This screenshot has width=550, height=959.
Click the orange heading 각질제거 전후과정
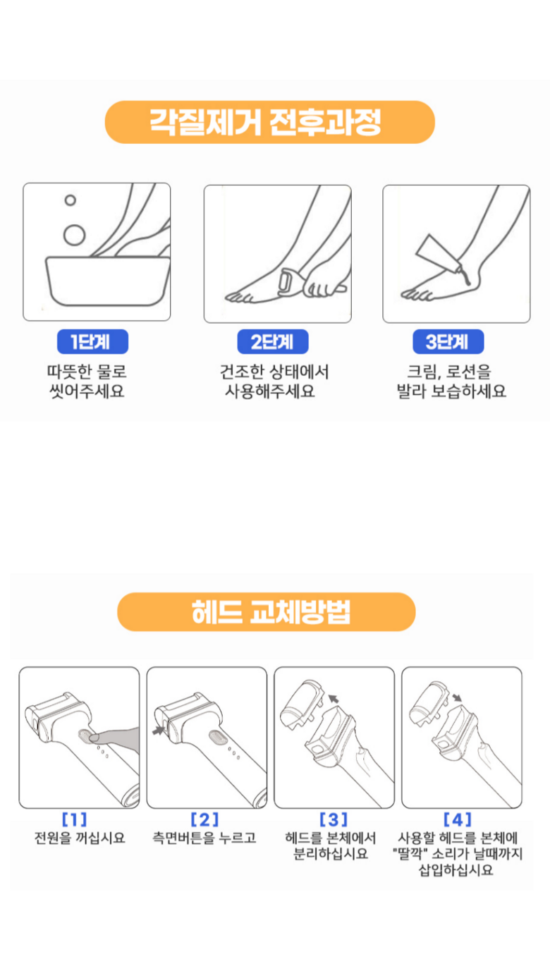(269, 122)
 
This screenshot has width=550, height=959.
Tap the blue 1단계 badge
(92, 341)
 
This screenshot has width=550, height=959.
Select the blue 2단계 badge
(273, 341)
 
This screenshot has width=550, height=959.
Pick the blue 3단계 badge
(448, 341)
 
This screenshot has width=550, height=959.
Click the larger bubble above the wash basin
(75, 235)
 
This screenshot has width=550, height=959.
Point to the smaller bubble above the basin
(71, 200)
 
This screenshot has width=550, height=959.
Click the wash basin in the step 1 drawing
(107, 281)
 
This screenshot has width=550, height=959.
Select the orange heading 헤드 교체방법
(267, 612)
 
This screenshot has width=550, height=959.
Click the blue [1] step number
(75, 819)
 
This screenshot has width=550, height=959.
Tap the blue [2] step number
(204, 819)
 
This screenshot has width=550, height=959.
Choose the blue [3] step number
(334, 819)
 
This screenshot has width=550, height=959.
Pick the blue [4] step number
(458, 819)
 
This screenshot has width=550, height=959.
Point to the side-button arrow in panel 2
(159, 730)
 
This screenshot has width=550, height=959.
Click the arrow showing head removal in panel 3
(334, 699)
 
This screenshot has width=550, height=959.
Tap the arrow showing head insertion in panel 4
(457, 697)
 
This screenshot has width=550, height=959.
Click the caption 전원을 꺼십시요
(80, 838)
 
